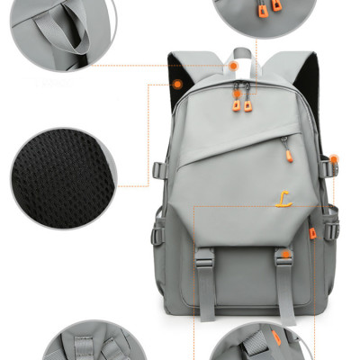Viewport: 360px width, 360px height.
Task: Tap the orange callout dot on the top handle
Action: (x=232, y=66)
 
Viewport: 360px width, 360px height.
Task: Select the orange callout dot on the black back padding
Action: (x=178, y=84)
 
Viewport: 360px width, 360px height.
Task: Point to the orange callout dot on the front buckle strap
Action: (x=283, y=255)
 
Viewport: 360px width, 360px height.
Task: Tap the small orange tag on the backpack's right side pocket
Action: (x=312, y=232)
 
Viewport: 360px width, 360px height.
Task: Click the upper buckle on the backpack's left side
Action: (x=158, y=170)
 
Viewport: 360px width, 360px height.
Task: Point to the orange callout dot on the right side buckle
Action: (x=334, y=159)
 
